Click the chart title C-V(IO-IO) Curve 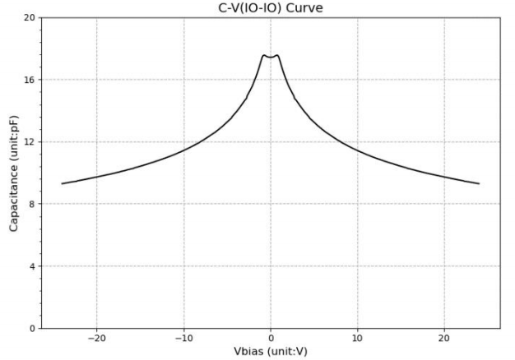(270, 8)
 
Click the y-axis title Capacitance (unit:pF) (14, 173)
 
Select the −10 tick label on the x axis (183, 339)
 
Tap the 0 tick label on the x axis (271, 339)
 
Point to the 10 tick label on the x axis (357, 339)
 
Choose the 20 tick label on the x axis (444, 339)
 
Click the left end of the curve (63, 183)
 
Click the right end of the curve (479, 183)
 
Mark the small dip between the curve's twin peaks (271, 58)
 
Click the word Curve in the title (309, 8)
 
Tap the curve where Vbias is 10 (357, 150)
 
